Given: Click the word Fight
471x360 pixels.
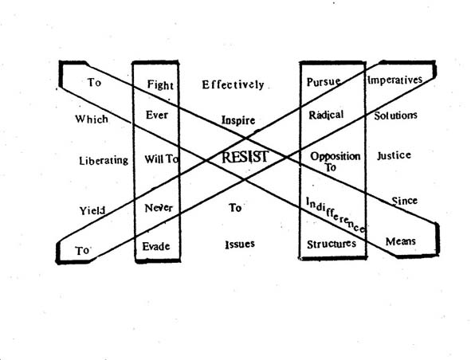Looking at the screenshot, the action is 160,85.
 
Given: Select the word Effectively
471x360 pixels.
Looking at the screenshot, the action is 233,85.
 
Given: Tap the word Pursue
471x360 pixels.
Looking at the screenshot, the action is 324,82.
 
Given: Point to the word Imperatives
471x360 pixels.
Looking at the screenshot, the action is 395,80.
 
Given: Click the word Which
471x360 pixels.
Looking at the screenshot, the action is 92,119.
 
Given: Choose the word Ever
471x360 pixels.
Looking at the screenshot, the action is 157,115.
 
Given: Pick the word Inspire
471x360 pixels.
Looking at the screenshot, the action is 238,120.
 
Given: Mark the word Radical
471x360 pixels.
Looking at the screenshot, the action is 326,115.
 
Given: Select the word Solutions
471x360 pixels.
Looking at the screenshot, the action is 395,115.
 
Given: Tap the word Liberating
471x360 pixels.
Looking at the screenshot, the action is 104,161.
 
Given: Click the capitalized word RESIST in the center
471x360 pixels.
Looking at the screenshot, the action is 245,157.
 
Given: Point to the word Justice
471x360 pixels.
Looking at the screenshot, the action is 394,155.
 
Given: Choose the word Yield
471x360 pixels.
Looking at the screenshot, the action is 92,211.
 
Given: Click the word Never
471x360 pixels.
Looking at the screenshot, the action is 159,208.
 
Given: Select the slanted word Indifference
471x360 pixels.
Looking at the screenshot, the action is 336,215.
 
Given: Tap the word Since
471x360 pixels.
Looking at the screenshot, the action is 405,201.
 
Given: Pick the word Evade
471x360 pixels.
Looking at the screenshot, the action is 156,247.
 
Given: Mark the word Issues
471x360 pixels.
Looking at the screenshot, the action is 240,245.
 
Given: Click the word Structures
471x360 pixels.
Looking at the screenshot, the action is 332,244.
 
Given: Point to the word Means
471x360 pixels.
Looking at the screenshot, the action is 401,241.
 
